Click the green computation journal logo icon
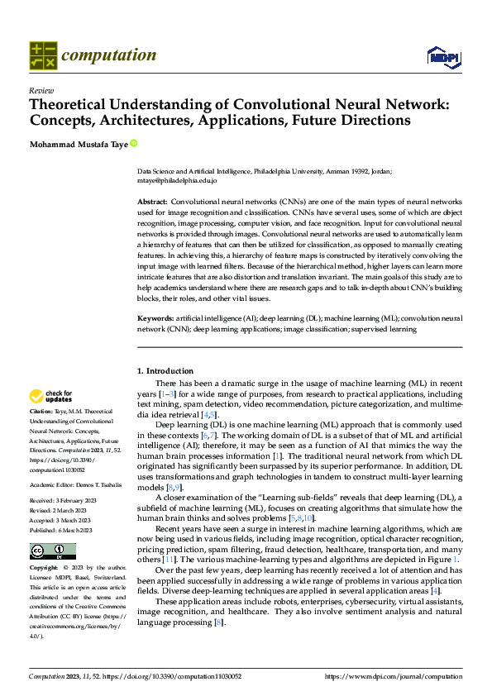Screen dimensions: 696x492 pyautogui.click(x=42, y=55)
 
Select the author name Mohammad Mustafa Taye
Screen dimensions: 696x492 pyautogui.click(x=79, y=143)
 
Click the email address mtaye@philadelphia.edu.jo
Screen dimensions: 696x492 pyautogui.click(x=177, y=180)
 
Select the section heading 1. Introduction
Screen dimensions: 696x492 pyautogui.click(x=165, y=371)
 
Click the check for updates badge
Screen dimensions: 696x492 pyautogui.click(x=50, y=397)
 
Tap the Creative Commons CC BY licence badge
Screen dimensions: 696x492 pyautogui.click(x=52, y=551)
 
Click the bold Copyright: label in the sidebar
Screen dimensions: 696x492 pyautogui.click(x=44, y=568)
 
